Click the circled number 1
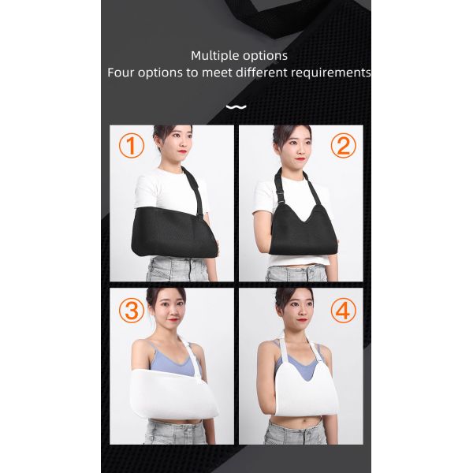pyautogui.click(x=132, y=146)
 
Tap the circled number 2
pyautogui.click(x=343, y=145)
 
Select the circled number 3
pyautogui.click(x=131, y=310)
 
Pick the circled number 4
pyautogui.click(x=342, y=310)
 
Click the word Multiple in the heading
pyautogui.click(x=214, y=55)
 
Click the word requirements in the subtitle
pyautogui.click(x=331, y=73)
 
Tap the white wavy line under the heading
pyautogui.click(x=236, y=106)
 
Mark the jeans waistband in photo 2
pyautogui.click(x=296, y=270)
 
